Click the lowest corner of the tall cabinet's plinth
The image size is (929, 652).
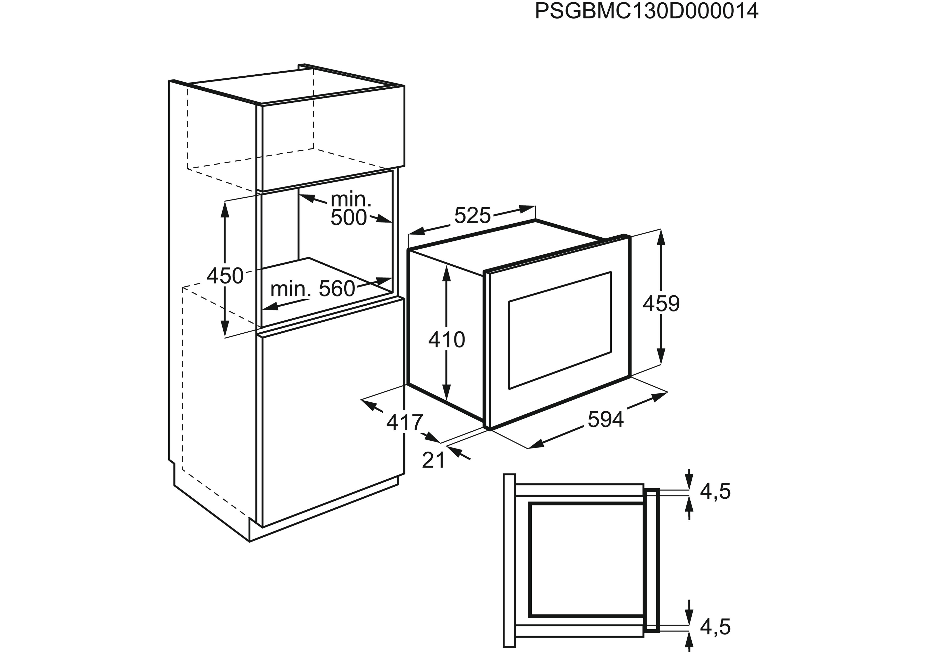[x=249, y=541]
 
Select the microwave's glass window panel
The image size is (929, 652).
[x=560, y=330]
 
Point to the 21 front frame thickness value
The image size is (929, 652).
[x=433, y=460]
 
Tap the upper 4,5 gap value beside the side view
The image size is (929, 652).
[x=715, y=491]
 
